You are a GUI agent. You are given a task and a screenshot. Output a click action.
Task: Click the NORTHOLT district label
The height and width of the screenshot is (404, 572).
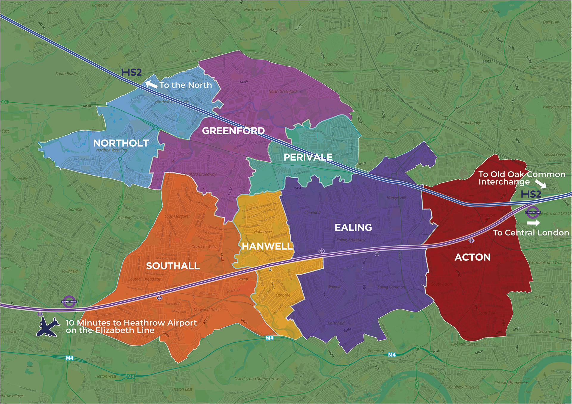(x=121, y=143)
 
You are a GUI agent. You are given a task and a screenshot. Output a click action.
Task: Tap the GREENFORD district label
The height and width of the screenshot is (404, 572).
(x=233, y=131)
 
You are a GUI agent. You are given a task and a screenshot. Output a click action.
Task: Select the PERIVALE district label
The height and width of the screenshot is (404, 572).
(x=308, y=157)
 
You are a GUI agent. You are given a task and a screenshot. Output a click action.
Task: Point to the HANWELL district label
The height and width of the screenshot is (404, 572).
(x=267, y=246)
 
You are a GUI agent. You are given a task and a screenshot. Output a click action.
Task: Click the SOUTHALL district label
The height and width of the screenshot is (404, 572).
(x=173, y=266)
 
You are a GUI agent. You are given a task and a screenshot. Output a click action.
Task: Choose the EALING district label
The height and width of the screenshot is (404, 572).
(x=353, y=227)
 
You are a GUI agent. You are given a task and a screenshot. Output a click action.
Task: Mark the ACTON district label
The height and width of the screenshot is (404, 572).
(x=472, y=257)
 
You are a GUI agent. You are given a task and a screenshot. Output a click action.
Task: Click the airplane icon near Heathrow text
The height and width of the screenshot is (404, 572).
(x=48, y=327)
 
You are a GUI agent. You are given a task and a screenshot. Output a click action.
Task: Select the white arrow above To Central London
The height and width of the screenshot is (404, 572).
(x=533, y=223)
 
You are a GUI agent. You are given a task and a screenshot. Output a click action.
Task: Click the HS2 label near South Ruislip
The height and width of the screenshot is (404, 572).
(x=131, y=72)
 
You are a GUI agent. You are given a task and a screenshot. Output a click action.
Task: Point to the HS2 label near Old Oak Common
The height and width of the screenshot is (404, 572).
(x=531, y=194)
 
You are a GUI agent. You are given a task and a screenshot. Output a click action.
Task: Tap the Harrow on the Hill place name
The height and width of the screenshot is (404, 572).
(x=259, y=10)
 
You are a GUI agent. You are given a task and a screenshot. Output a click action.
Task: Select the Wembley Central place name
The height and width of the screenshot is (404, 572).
(x=384, y=90)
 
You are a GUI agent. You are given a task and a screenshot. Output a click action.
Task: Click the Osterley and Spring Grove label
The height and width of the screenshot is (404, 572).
(x=257, y=379)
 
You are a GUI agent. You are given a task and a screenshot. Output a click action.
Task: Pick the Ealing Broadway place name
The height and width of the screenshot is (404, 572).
(x=351, y=240)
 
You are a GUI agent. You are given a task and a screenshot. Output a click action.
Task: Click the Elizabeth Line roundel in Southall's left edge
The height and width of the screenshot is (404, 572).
(x=69, y=301)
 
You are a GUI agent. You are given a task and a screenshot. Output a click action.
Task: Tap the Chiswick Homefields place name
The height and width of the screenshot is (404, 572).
(x=511, y=383)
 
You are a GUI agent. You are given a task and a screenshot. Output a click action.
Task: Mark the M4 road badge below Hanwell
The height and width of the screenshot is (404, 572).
(x=270, y=338)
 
